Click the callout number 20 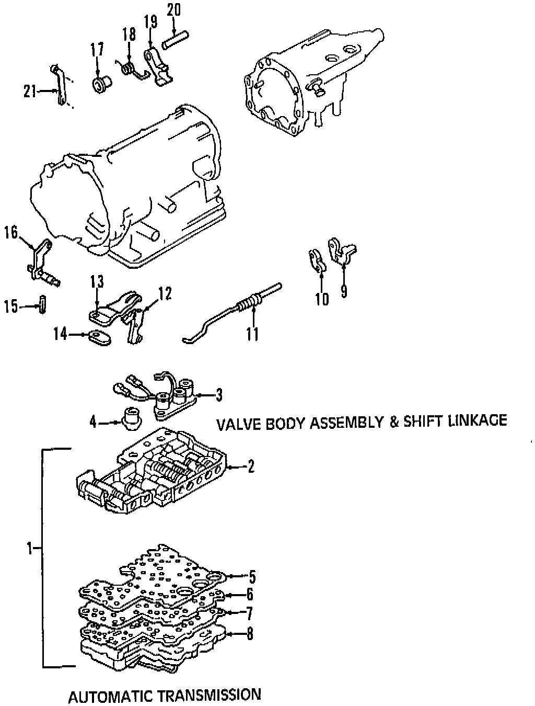pos(174,9)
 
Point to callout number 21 pos(30,92)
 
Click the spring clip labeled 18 pos(130,70)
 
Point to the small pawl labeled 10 pos(316,261)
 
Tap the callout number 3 pos(218,395)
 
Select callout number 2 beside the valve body pos(251,466)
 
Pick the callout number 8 pos(250,634)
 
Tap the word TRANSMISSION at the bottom pos(209,695)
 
